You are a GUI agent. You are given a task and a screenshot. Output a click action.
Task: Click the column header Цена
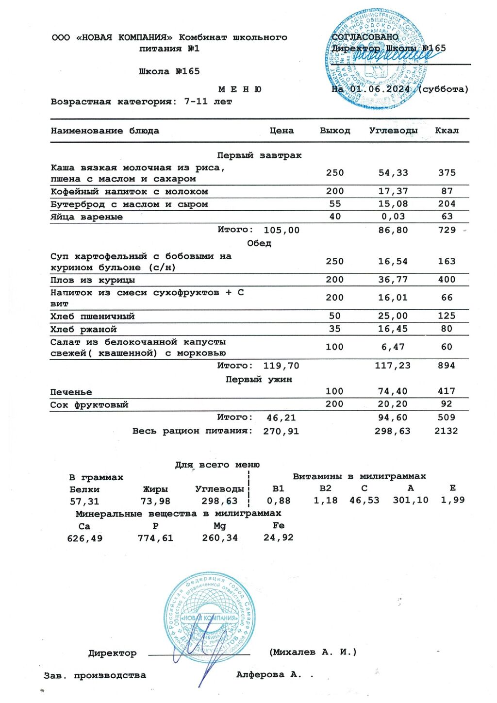coord(282,131)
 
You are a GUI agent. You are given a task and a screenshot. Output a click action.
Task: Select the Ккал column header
coord(447,131)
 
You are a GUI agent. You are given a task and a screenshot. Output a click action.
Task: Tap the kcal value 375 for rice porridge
coord(447,173)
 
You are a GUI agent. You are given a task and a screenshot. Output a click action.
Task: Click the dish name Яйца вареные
coord(86,217)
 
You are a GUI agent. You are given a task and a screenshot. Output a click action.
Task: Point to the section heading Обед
coord(259,243)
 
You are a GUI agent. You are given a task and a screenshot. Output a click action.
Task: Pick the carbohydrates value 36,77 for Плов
coord(393,280)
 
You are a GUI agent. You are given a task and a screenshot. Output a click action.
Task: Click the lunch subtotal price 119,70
coord(281,366)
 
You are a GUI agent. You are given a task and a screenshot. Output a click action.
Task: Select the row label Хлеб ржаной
coord(83,329)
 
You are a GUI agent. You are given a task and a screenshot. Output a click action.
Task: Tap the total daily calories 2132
coord(446,431)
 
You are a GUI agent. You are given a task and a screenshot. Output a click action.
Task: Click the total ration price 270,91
coord(281,431)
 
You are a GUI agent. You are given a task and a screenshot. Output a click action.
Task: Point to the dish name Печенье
coord(71,392)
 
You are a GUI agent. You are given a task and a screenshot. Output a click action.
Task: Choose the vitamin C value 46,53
coord(364,500)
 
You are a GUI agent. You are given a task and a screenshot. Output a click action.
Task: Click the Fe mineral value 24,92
coord(278,537)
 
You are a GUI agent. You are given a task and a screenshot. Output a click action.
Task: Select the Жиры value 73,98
coord(155,501)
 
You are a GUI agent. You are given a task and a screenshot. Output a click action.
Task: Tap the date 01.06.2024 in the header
coord(380,89)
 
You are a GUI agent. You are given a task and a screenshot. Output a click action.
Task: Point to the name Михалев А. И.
coord(313,652)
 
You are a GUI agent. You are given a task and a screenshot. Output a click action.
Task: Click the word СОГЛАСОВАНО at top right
coord(364,37)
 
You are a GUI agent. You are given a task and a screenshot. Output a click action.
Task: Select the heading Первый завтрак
coord(259,155)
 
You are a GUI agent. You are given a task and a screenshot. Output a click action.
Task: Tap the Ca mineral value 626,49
coord(85,538)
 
